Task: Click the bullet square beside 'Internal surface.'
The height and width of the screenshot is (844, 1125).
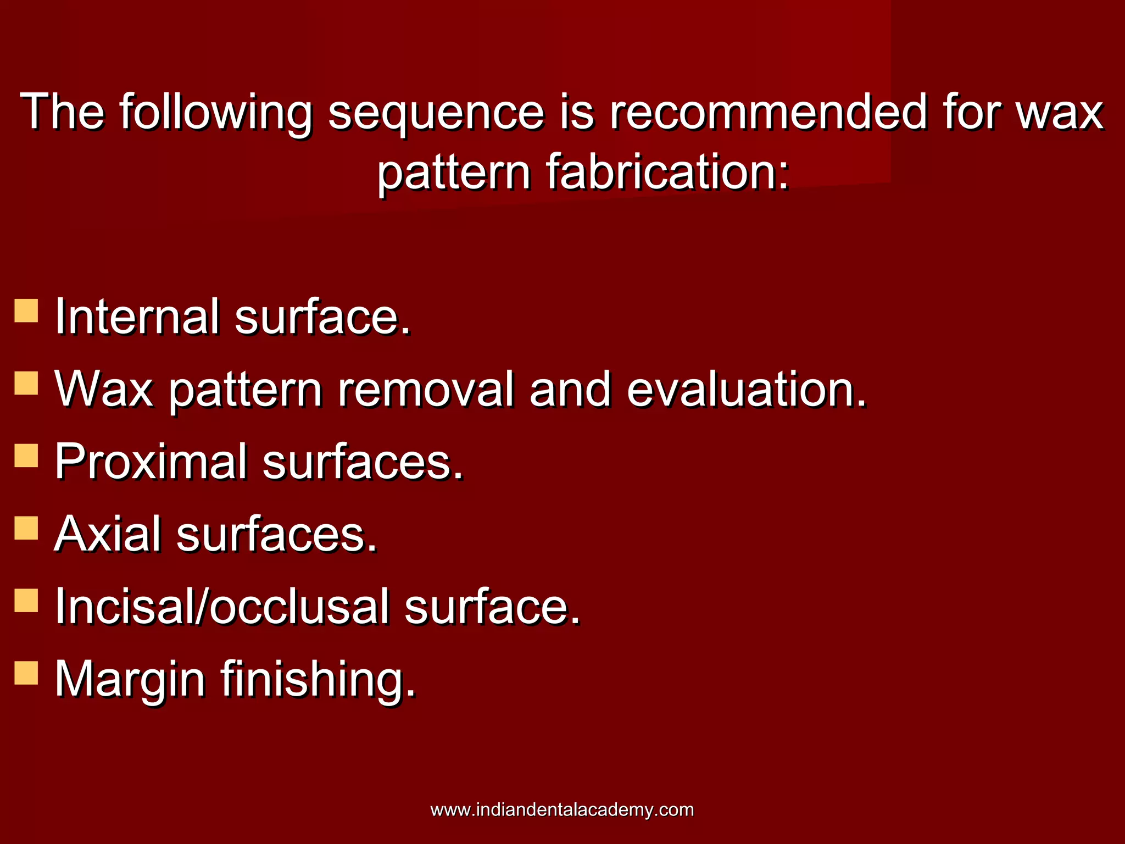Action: coord(26,310)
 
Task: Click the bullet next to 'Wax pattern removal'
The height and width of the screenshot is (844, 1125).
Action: coord(26,383)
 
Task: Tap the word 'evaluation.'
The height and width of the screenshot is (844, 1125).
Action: coord(747,389)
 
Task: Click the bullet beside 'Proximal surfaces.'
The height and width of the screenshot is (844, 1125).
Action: coord(26,456)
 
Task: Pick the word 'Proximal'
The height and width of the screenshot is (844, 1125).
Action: coord(151,462)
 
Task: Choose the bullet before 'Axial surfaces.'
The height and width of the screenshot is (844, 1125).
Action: coord(26,528)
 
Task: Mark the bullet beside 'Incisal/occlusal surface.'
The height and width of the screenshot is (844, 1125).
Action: coord(26,601)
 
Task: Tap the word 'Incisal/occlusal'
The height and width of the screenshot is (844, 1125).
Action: coord(222,607)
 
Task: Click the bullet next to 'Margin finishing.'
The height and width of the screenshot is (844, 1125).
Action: coord(26,673)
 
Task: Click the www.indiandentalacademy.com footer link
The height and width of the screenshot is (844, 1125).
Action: coord(562,809)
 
